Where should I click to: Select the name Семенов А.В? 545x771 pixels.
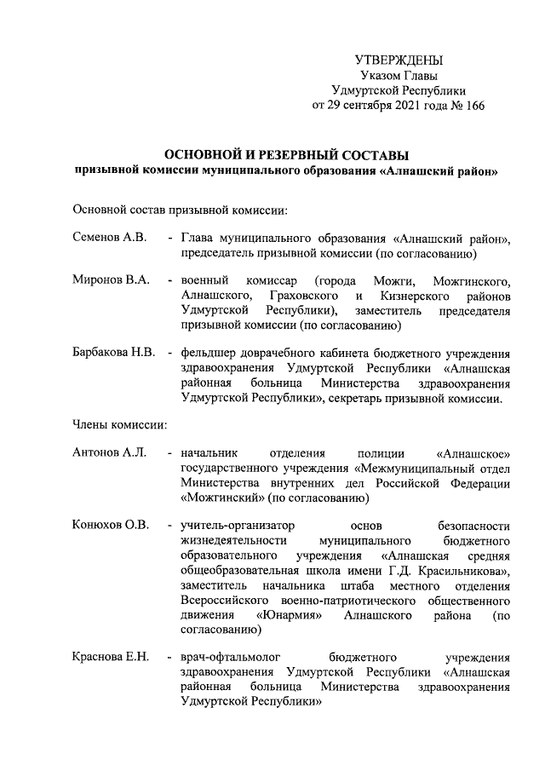(111, 238)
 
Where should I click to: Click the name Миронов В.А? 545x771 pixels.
(112, 280)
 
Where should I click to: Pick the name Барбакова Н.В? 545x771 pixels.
(115, 353)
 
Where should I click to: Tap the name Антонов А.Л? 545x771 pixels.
(111, 452)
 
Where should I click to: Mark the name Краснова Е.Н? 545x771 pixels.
(112, 656)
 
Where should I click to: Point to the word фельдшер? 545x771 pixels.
(206, 353)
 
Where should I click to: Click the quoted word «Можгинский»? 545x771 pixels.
(222, 498)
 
